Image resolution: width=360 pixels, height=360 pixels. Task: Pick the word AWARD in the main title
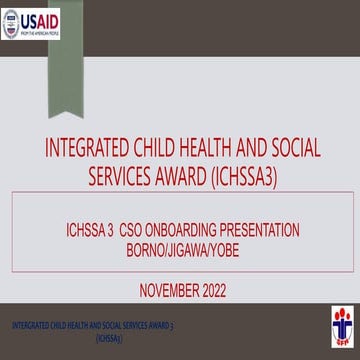click(186, 176)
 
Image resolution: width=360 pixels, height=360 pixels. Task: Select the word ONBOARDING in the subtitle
click(198, 229)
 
